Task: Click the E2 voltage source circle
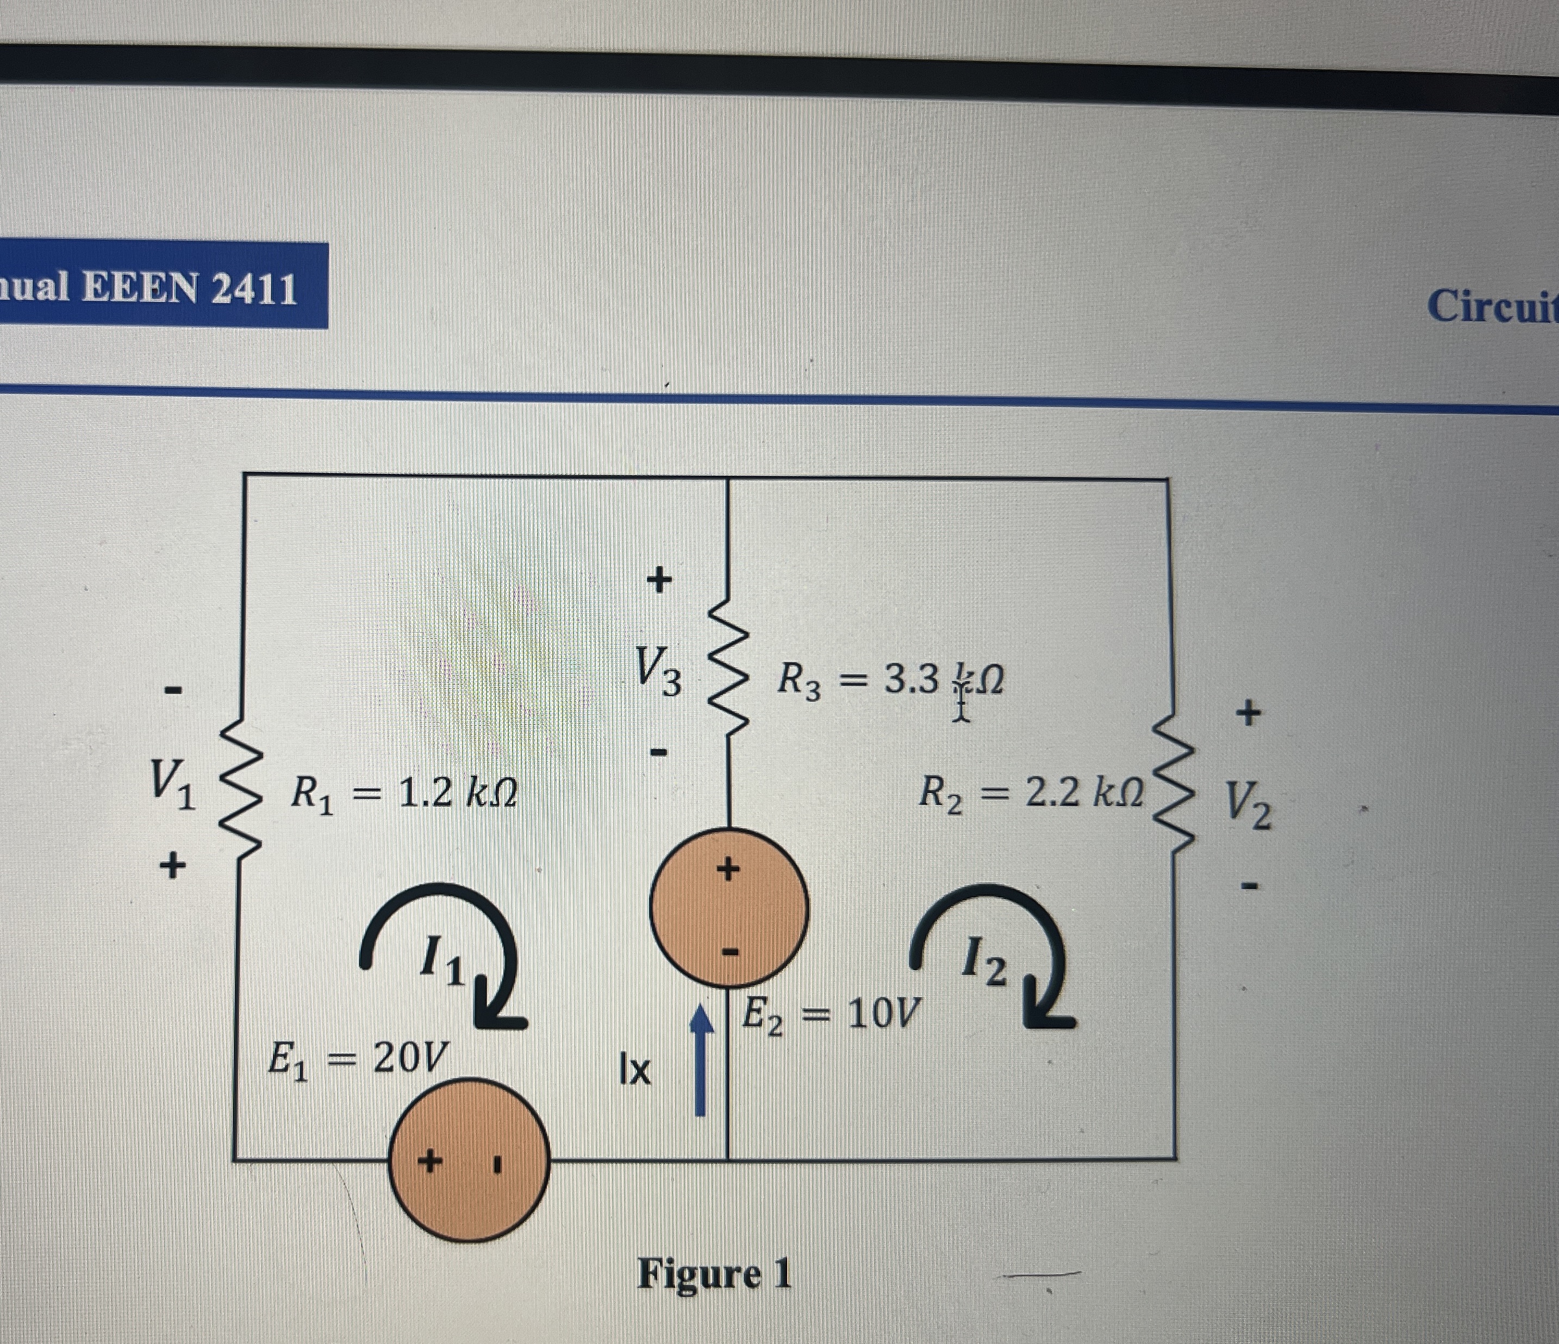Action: pos(728,906)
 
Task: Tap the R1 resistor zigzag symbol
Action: pos(239,790)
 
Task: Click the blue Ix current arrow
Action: pos(701,1060)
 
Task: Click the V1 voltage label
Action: pos(172,782)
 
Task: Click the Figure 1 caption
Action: pos(714,1274)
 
